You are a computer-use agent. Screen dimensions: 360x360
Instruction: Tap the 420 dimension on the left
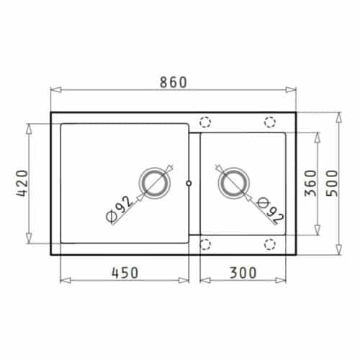point(19,184)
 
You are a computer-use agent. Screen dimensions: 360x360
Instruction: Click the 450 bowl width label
point(123,272)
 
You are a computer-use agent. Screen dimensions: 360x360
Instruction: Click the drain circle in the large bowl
point(154,184)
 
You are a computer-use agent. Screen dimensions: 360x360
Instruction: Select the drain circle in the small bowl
point(233,184)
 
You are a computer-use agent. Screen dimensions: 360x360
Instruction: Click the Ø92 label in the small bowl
point(267,209)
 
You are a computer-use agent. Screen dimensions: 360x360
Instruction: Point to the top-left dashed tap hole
point(204,122)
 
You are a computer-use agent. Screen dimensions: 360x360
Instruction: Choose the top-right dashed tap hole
point(270,122)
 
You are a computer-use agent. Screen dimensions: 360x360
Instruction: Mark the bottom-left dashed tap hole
point(204,244)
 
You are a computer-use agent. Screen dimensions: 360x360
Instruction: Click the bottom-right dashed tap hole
point(270,244)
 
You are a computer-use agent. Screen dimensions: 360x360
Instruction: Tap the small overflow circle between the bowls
point(189,184)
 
